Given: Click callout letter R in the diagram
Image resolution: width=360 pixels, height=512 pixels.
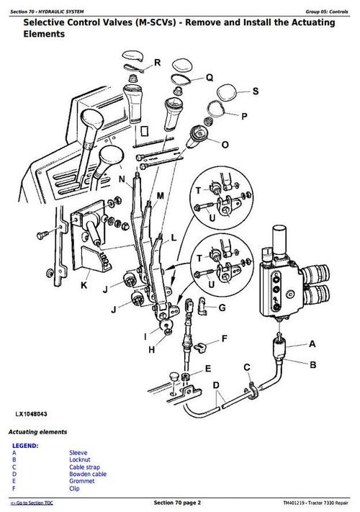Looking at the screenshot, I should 157,63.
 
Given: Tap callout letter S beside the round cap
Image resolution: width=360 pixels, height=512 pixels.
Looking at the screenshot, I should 254,91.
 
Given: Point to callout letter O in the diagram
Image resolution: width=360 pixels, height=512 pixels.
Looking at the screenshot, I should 225,145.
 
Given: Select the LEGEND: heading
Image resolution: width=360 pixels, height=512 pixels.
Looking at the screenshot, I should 25,445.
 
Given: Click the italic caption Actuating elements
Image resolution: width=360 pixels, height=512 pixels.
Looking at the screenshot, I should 37,431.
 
